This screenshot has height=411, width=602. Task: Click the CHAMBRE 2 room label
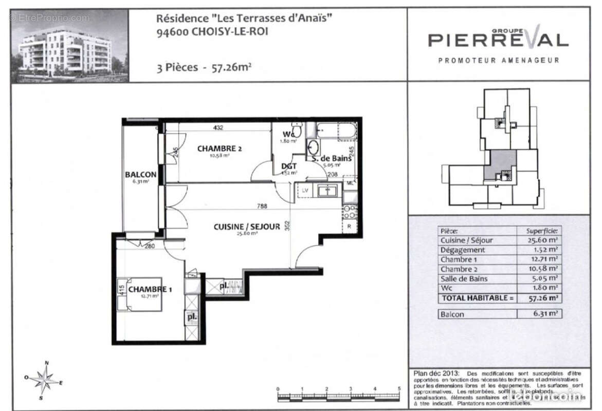point(220,149)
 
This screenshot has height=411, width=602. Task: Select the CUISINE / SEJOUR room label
point(247,227)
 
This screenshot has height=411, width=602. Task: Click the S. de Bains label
point(332,158)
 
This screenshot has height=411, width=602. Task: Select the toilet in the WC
point(297,130)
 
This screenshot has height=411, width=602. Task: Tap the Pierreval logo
point(498,40)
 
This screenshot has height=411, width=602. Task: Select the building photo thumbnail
point(69,46)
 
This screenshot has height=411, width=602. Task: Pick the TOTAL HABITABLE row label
point(476,298)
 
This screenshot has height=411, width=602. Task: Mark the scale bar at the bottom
point(338,396)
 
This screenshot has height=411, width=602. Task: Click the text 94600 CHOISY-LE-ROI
point(212,31)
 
